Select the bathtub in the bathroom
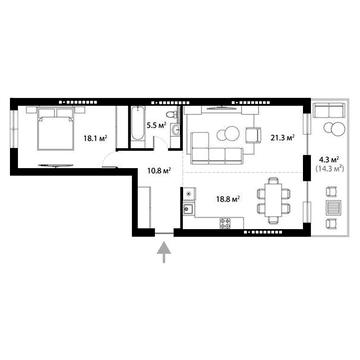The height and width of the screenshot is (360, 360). click(x=130, y=128)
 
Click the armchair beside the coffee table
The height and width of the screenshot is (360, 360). click(x=250, y=135)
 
